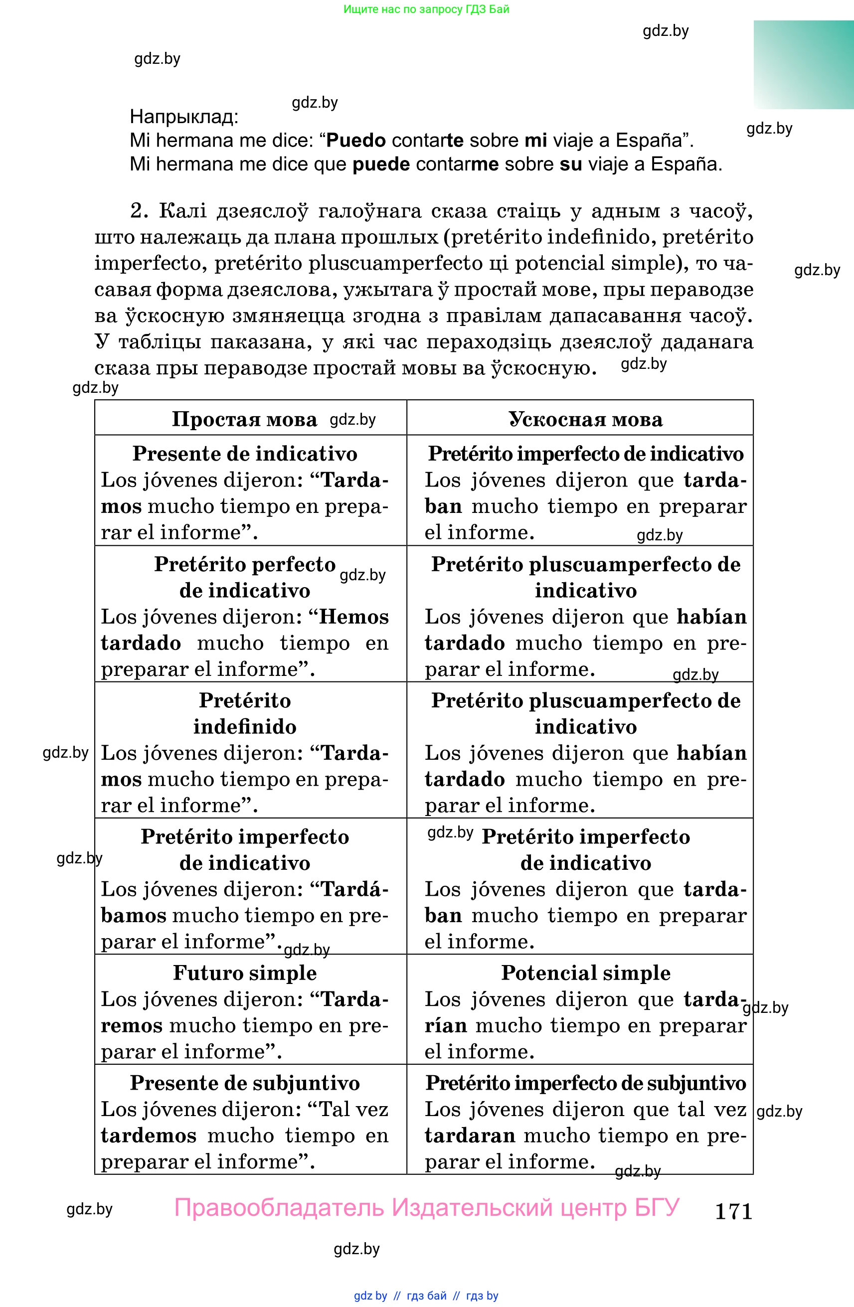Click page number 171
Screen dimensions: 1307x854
pos(733,1211)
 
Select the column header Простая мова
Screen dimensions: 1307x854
pos(244,420)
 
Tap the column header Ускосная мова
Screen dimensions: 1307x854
pos(585,420)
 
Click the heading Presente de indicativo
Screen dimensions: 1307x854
pos(245,454)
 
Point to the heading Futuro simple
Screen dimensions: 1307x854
pos(245,973)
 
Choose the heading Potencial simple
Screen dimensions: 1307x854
pos(585,973)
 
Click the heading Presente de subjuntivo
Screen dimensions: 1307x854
pos(245,1083)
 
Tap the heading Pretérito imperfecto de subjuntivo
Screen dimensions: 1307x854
pos(585,1083)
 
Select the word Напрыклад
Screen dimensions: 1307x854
pos(183,117)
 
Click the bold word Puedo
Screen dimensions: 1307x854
pos(356,141)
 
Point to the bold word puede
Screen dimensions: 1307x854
pos(380,164)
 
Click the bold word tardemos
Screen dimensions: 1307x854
pos(148,1135)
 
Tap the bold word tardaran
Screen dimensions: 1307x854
pos(470,1135)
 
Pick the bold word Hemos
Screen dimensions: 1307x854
pos(353,617)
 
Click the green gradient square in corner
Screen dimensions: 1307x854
pos(803,65)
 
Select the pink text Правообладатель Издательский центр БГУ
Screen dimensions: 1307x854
pos(427,1208)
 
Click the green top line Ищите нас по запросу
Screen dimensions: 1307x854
pos(426,9)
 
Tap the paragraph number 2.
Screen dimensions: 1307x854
pos(139,211)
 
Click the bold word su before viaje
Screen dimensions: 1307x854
pos(571,164)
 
